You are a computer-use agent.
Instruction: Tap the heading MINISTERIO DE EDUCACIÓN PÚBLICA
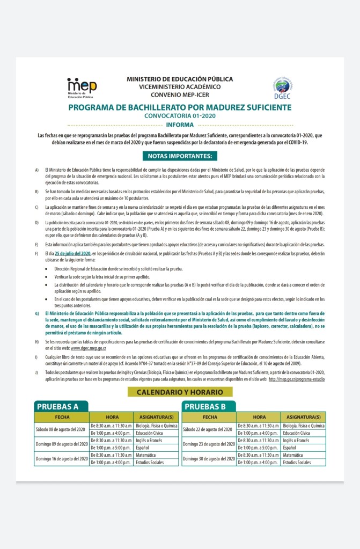tap(180, 79)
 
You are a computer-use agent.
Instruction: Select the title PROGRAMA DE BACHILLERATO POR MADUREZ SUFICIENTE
tap(180, 107)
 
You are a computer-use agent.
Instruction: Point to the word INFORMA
tap(180, 125)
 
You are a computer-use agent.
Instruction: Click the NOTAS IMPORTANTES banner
tap(180, 156)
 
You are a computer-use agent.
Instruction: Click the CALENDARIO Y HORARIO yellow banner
tap(180, 392)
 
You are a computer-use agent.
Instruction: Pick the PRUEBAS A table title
tap(57, 406)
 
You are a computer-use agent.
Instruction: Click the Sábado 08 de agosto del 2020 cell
tap(61, 429)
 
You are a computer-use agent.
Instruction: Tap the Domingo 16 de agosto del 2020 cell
tap(61, 458)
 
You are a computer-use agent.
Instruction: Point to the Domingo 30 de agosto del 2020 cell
tap(209, 458)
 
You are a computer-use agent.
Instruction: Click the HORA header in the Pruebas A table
tap(112, 417)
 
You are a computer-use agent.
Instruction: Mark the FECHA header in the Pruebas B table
tap(209, 417)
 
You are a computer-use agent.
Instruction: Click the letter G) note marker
tap(37, 313)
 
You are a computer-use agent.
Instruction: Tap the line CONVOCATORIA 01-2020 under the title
tap(180, 116)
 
